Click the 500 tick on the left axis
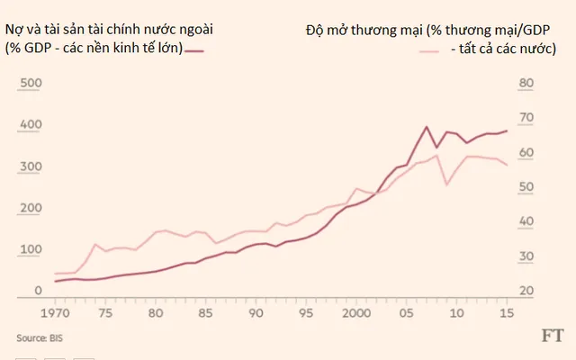point(31,83)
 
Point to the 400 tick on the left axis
point(31,124)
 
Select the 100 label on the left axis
point(31,248)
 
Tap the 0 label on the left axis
point(38,290)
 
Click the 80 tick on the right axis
point(527,83)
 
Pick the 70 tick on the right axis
point(527,118)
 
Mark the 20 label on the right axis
point(527,290)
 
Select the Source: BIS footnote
point(42,337)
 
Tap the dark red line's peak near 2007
point(427,127)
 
